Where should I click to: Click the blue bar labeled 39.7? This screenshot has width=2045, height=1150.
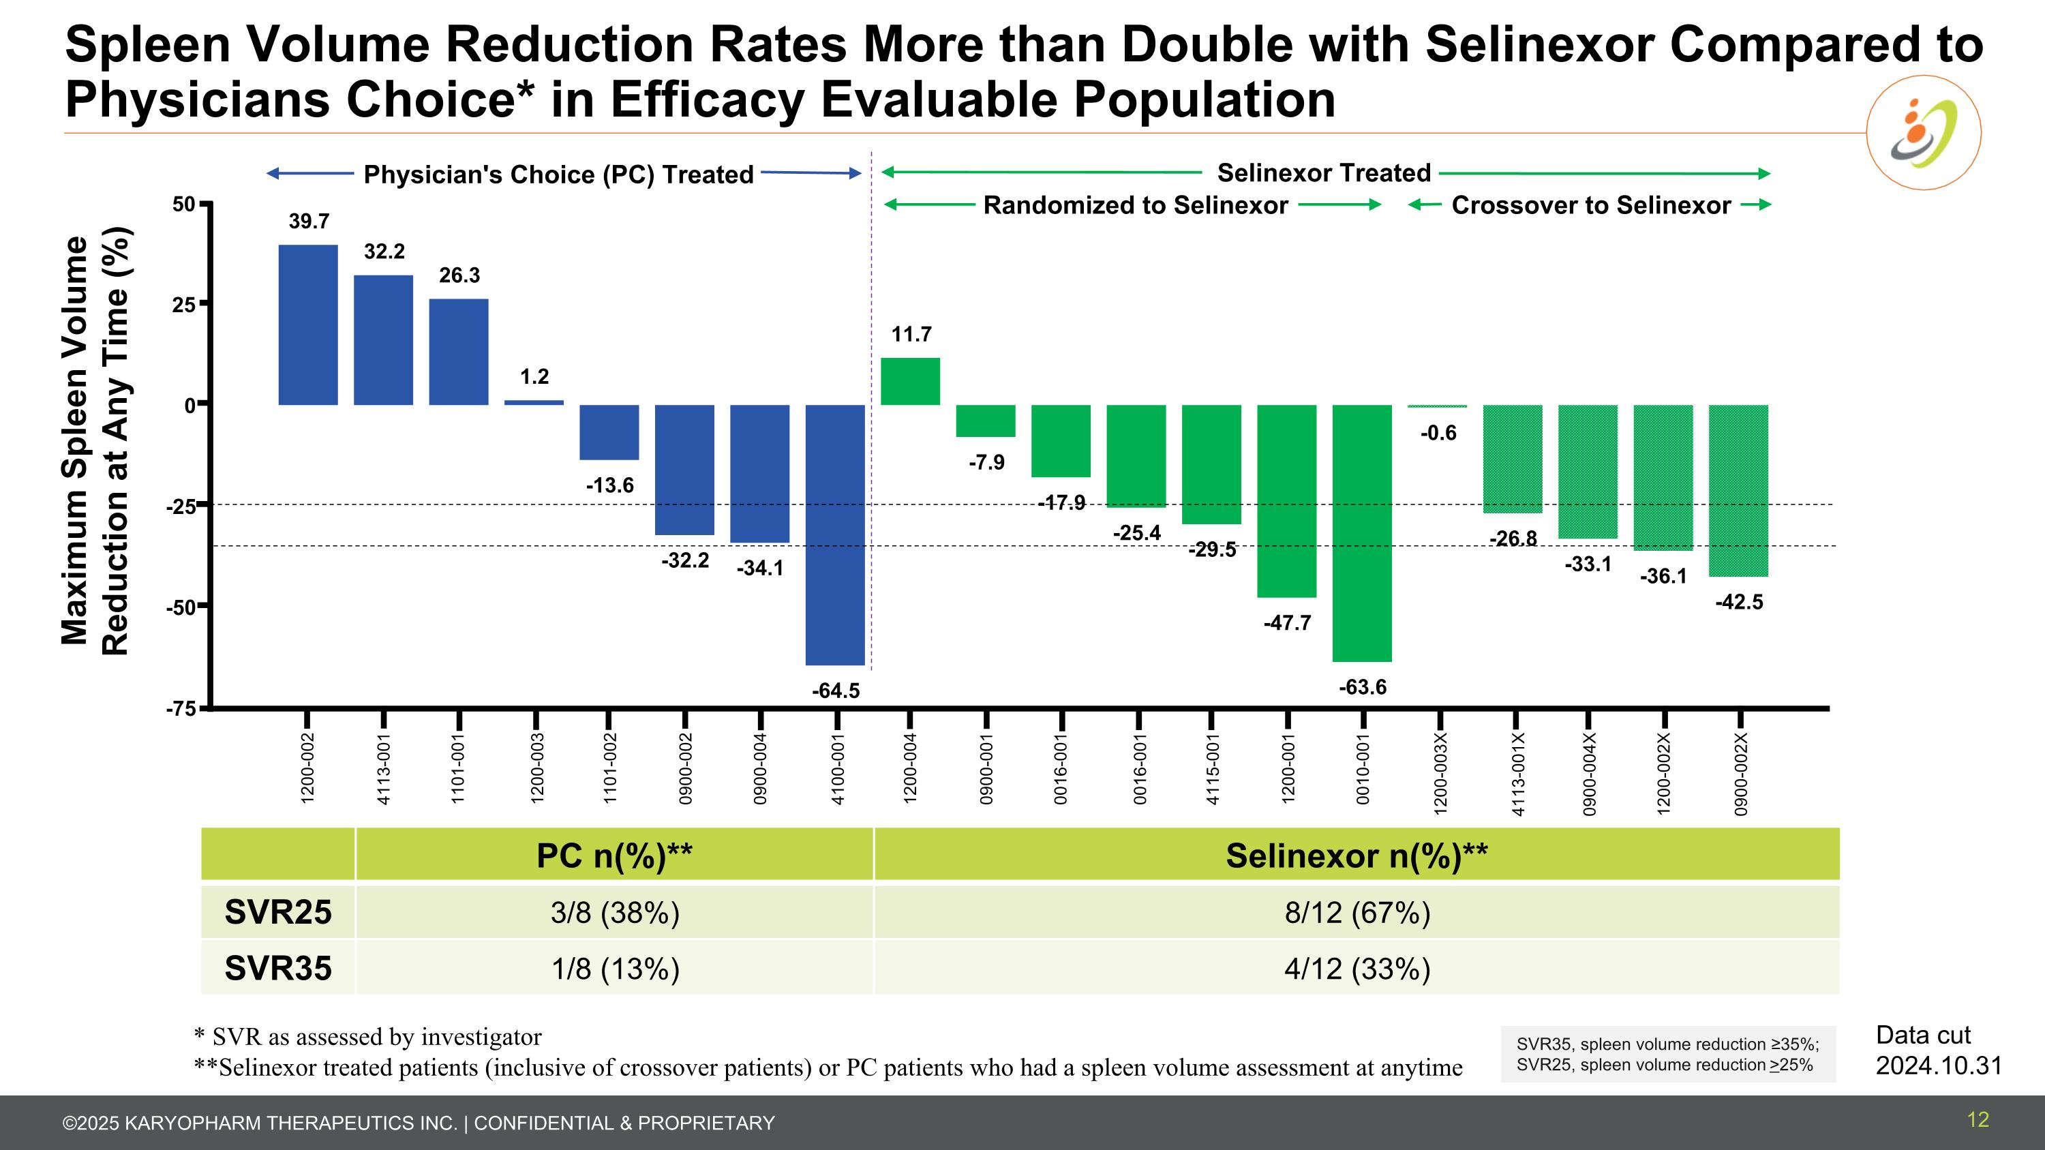coord(308,324)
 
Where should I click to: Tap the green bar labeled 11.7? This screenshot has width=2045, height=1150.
coord(911,382)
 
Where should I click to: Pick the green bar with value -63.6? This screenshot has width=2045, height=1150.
coord(1361,532)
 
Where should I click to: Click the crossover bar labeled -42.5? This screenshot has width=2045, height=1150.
coord(1738,491)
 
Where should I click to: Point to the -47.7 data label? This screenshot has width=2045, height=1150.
coord(1287,623)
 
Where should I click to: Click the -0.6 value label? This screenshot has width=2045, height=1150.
coord(1438,434)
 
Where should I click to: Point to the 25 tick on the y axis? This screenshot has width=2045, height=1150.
coord(184,305)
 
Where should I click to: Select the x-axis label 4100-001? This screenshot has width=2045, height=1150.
coord(836,769)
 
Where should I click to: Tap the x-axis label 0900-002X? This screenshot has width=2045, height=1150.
coord(1741,774)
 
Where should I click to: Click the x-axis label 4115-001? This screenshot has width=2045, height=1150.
coord(1212,769)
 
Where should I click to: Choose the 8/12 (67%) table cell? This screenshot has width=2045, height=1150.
coord(1357,913)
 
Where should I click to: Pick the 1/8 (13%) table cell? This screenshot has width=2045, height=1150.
coord(616,969)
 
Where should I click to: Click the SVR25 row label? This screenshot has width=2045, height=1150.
coord(278,913)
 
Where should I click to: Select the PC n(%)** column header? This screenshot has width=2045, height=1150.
coord(614,856)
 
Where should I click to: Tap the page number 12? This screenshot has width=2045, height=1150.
coord(1978,1120)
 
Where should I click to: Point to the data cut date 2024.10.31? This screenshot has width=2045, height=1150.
coord(1939,1065)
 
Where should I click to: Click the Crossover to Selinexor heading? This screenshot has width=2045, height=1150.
coord(1590,206)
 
